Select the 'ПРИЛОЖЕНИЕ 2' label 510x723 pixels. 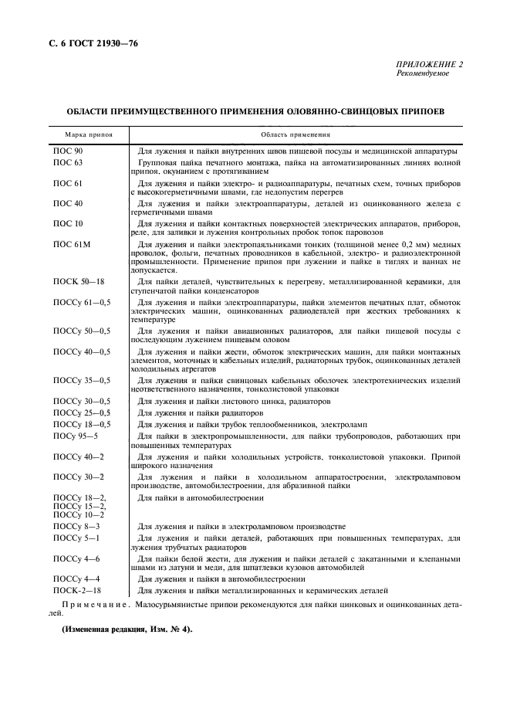tap(429, 65)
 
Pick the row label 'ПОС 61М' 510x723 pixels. tap(70, 244)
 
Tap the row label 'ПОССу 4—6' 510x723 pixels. tap(76, 558)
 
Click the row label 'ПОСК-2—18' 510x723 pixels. tap(76, 589)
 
